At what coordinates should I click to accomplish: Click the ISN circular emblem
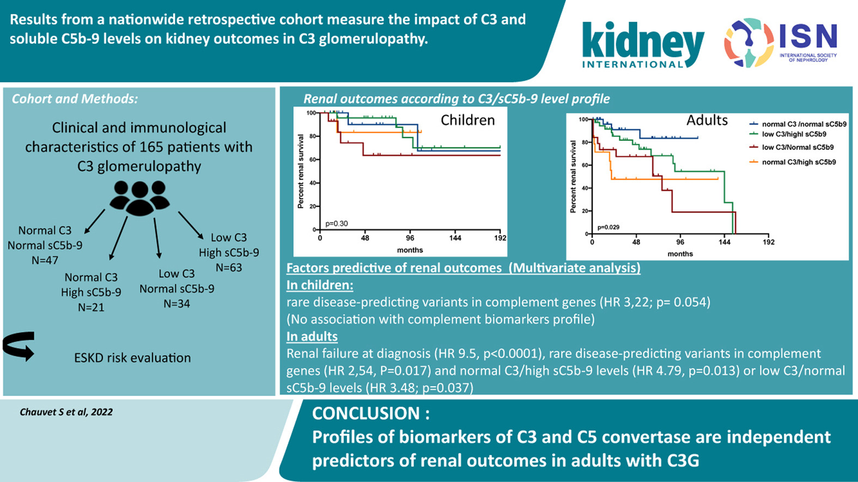pos(749,42)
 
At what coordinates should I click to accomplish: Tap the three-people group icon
pos(139,198)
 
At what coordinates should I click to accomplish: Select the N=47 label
pos(45,261)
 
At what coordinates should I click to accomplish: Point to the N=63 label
pos(229,268)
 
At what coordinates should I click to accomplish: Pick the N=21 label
pos(91,307)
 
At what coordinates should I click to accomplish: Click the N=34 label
pos(177,304)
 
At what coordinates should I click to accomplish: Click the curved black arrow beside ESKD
pos(19,345)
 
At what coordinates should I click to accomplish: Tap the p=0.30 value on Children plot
pos(337,224)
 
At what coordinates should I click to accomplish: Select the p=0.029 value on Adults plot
pos(608,227)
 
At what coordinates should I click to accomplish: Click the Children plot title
pos(467,120)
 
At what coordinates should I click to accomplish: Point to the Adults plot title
pos(707,120)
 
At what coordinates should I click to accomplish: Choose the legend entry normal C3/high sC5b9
pos(799,162)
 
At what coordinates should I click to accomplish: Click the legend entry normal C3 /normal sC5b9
pos(804,125)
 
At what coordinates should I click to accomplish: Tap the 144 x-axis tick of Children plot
pos(455,238)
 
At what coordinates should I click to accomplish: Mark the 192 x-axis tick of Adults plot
pos(768,242)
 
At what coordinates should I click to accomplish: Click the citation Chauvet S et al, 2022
pos(66,412)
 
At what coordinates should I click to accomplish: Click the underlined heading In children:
pos(320,285)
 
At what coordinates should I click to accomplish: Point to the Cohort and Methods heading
pos(75,99)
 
